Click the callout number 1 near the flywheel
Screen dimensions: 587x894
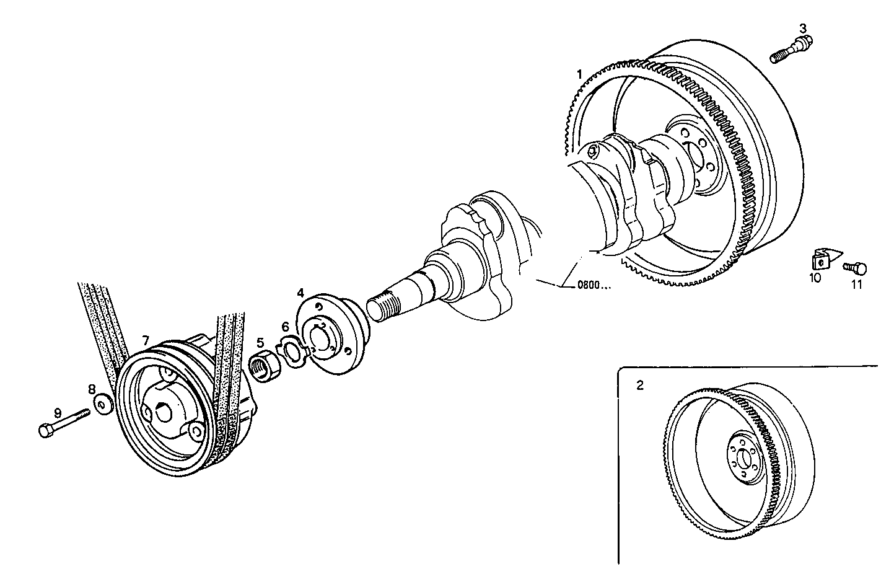[579, 74]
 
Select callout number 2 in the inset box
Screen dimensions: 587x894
[640, 385]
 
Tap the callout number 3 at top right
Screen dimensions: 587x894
[802, 28]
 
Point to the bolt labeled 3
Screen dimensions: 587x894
[791, 50]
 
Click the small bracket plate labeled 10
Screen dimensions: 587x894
[820, 258]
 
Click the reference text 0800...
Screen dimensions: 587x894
[594, 286]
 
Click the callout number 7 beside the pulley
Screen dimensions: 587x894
[146, 340]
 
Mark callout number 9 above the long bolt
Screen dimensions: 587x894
[58, 412]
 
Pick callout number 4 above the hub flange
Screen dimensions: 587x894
[300, 292]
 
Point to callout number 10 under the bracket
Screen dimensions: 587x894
[815, 278]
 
